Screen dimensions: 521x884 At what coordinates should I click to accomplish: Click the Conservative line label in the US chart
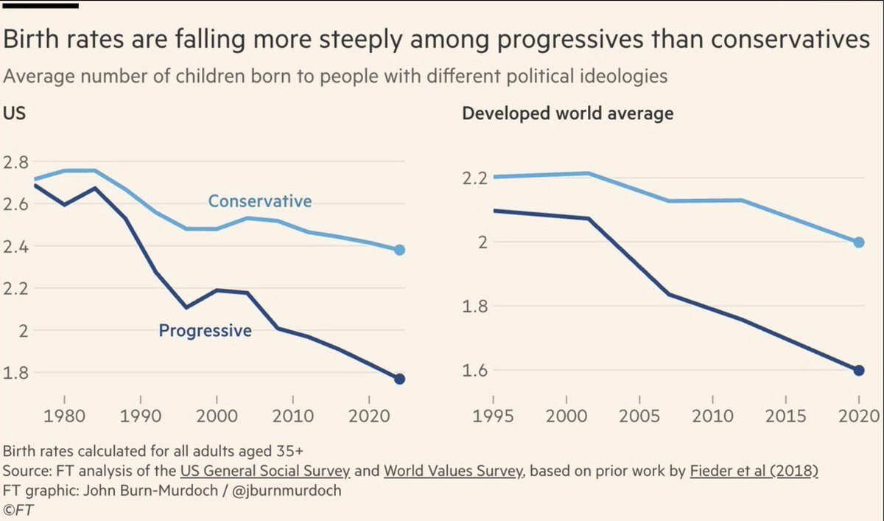pyautogui.click(x=259, y=201)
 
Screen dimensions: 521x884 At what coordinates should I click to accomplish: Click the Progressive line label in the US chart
pyautogui.click(x=205, y=331)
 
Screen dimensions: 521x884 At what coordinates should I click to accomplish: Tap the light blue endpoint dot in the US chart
pyautogui.click(x=399, y=250)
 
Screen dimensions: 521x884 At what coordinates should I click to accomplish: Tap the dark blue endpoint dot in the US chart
pyautogui.click(x=399, y=379)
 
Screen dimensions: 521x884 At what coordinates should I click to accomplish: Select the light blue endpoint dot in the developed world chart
pyautogui.click(x=858, y=242)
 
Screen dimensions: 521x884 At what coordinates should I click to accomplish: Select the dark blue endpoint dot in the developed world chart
pyautogui.click(x=858, y=370)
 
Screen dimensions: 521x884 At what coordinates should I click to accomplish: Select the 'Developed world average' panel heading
pyautogui.click(x=567, y=114)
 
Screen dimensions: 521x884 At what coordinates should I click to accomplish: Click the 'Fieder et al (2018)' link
pyautogui.click(x=753, y=470)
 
